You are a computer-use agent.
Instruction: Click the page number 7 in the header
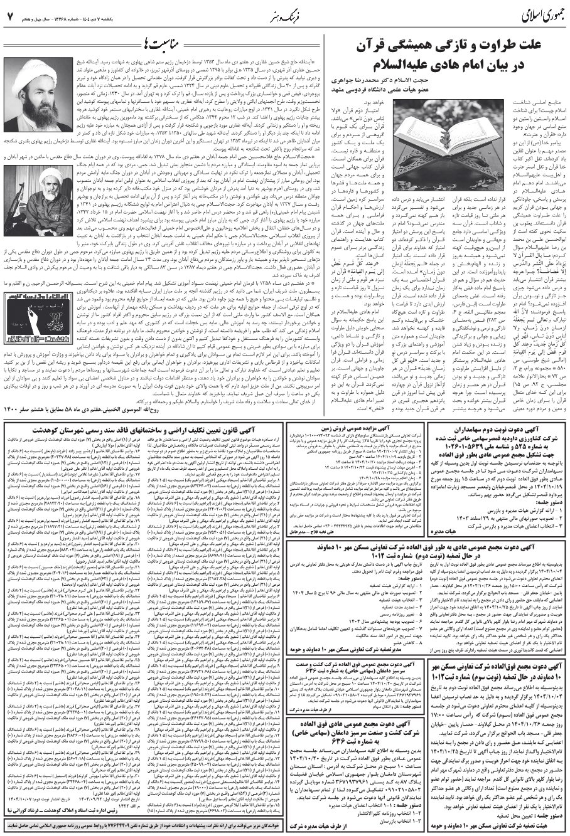[10, 14]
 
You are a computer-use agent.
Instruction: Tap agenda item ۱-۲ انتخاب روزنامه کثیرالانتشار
[377, 817]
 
